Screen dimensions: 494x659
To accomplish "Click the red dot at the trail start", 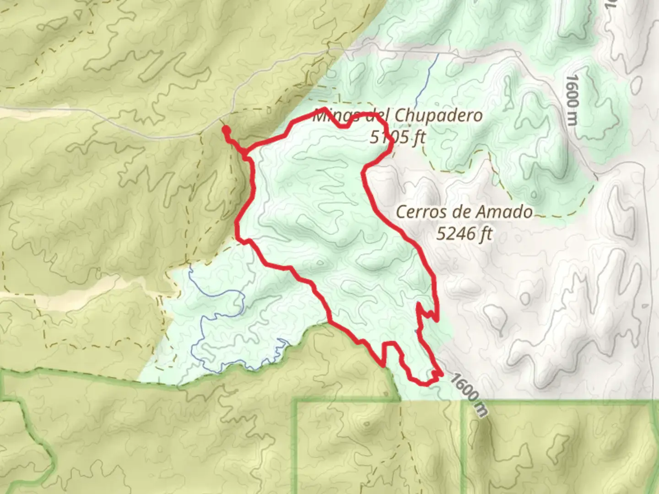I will (x=226, y=130).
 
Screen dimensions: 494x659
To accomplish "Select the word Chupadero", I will (x=438, y=115).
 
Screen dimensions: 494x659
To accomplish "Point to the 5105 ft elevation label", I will (x=397, y=136).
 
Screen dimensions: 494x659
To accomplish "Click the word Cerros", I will (x=421, y=212).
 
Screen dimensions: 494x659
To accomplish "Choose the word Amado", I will (x=509, y=212).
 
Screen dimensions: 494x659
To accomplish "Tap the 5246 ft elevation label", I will (x=464, y=234).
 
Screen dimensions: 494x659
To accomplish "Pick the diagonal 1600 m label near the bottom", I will (x=467, y=394).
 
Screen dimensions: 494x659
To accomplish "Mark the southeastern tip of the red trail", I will (x=442, y=375).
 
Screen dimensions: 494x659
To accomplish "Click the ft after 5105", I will (x=417, y=136).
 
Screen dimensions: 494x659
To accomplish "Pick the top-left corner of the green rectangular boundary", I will (x=296, y=402).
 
